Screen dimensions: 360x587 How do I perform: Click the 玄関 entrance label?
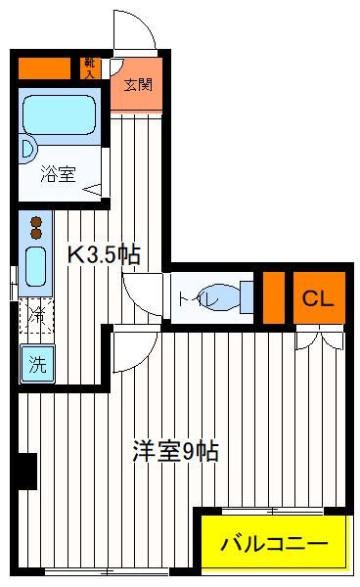138,85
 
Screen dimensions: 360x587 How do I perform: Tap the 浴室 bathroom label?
58,174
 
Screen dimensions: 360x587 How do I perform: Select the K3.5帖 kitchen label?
104,254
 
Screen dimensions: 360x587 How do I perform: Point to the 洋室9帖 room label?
175,451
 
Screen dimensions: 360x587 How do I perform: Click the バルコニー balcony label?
274,543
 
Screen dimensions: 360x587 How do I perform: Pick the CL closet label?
318,298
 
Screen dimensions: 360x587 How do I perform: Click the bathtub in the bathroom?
59,114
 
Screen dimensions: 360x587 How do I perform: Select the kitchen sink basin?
35,266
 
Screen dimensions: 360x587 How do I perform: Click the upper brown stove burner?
36,222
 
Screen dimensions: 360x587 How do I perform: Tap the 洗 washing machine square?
37,364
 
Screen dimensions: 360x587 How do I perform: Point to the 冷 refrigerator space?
36,316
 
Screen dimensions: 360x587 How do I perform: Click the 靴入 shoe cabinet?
90,68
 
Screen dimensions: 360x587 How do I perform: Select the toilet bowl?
220,297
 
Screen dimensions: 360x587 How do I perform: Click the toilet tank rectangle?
247,297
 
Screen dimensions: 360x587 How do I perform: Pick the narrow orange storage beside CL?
274,298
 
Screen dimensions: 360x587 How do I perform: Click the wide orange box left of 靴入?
44,68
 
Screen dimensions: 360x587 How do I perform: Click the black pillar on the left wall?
27,472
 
